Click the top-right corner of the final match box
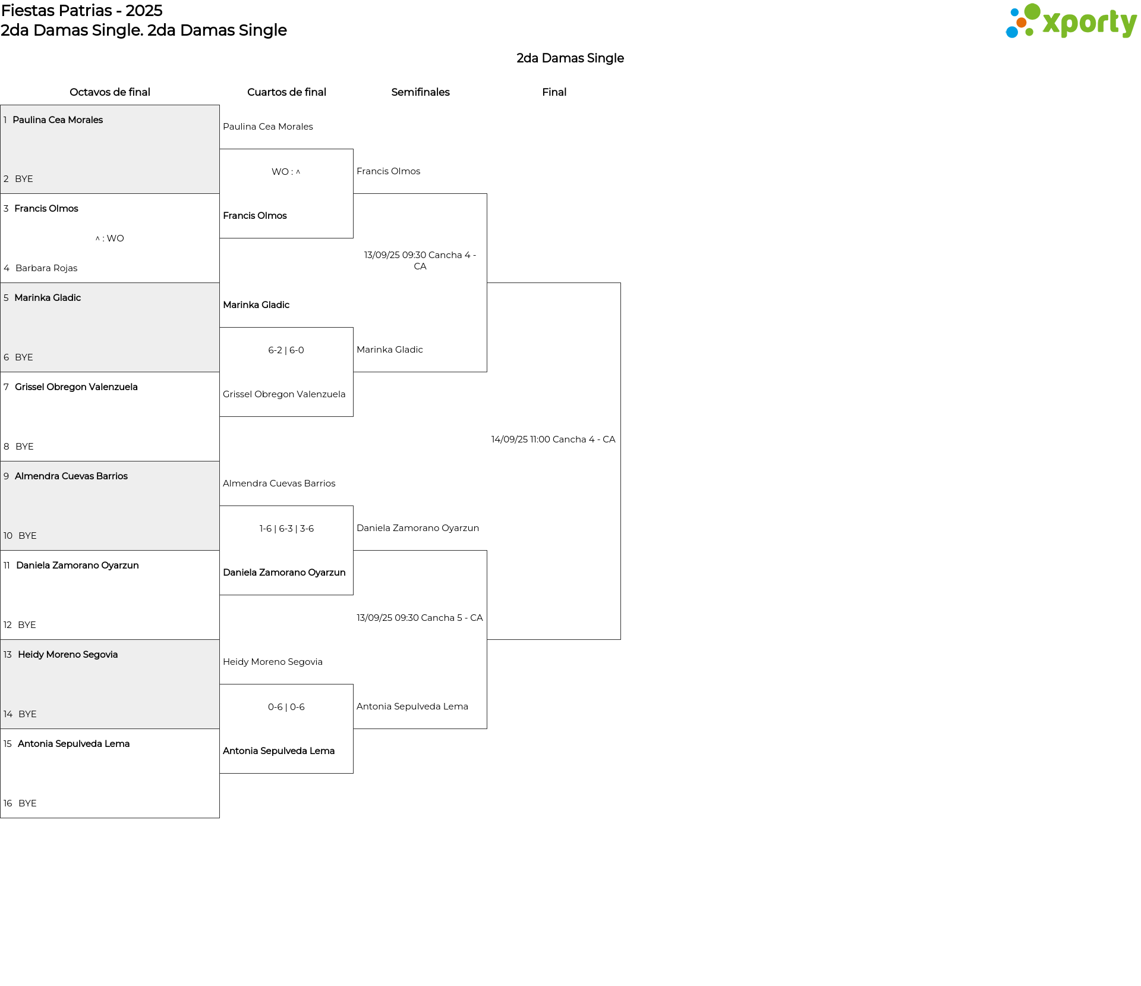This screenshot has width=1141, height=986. point(620,283)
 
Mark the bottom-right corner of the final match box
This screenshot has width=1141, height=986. point(620,639)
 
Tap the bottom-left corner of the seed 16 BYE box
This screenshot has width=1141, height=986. point(1,818)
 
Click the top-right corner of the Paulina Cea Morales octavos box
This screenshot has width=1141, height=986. point(219,106)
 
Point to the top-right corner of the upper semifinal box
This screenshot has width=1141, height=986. point(487,194)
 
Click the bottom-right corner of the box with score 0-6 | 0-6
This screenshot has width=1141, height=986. point(353,773)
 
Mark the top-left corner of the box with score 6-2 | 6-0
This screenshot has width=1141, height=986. point(220,328)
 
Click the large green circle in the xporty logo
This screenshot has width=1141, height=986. point(1032,12)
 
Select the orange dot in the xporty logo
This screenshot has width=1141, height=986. point(1022,23)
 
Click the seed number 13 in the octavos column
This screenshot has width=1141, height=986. point(8,655)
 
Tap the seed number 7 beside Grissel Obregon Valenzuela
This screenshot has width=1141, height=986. point(6,387)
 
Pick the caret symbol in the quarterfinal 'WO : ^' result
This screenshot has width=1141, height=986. point(298,172)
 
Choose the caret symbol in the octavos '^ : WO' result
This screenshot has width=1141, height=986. point(97,238)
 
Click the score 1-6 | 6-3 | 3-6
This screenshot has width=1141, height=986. point(286,529)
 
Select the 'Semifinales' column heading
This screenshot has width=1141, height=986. point(420,92)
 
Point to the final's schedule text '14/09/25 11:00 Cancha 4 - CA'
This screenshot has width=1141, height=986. point(553,439)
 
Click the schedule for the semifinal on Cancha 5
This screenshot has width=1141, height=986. point(420,618)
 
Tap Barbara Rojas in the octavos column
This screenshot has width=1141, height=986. point(46,268)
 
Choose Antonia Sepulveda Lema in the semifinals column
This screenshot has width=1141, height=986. point(412,706)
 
